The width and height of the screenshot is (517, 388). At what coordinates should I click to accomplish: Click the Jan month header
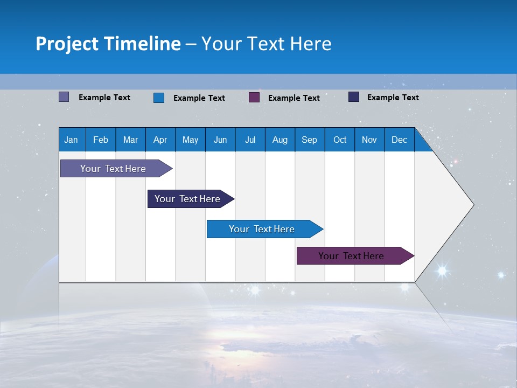(x=71, y=140)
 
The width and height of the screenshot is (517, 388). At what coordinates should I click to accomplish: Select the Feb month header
(x=101, y=140)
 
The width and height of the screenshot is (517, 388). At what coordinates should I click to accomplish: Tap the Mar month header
(x=130, y=140)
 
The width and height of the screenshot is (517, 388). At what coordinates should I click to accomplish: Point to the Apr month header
(x=160, y=140)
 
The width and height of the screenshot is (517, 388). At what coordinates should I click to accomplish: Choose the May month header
(x=190, y=140)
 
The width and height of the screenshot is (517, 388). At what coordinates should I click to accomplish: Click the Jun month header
(x=220, y=140)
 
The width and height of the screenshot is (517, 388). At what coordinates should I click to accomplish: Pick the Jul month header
(x=250, y=140)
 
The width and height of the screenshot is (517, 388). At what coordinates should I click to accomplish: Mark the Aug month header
(x=280, y=140)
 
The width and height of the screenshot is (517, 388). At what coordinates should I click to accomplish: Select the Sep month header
(x=309, y=140)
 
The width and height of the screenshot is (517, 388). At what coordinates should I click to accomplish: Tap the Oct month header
(x=340, y=140)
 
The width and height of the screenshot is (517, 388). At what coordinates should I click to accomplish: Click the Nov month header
(x=369, y=140)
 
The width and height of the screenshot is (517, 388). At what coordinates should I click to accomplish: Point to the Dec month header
(x=400, y=140)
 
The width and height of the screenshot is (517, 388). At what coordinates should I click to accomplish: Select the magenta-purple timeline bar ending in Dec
(x=352, y=256)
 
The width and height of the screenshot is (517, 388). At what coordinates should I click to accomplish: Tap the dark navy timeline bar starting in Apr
(x=188, y=199)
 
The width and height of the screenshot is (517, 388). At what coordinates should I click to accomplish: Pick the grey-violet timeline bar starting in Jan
(x=114, y=169)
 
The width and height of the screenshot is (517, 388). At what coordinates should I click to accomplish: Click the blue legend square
(x=158, y=98)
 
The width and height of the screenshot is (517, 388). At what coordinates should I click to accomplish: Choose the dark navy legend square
(x=354, y=97)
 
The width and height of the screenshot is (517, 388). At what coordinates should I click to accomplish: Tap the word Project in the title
(x=66, y=44)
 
